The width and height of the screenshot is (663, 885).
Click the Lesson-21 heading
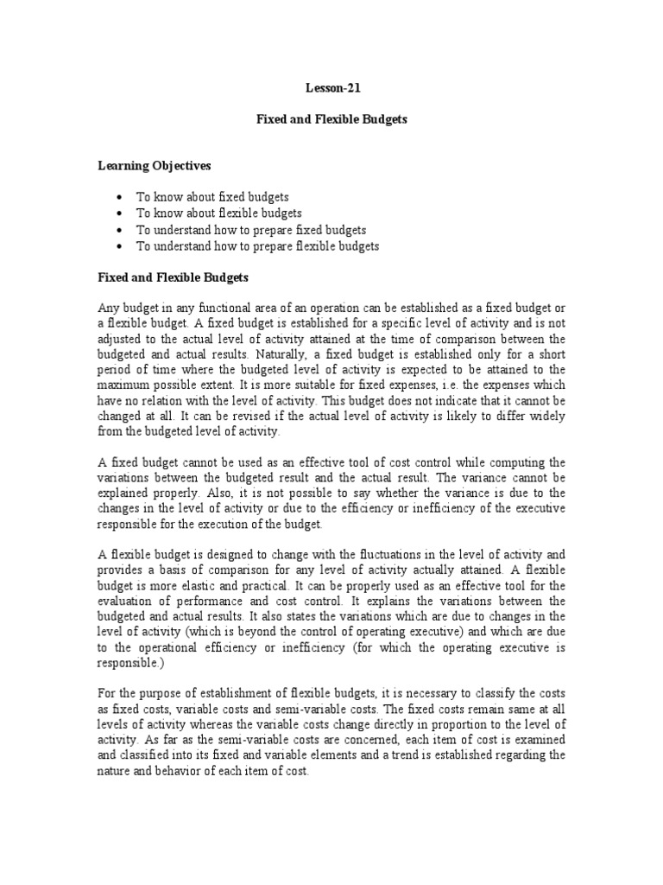tap(331, 87)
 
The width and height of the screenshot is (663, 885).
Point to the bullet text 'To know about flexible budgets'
tap(219, 213)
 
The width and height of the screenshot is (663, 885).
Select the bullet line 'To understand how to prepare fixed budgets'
tap(251, 230)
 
